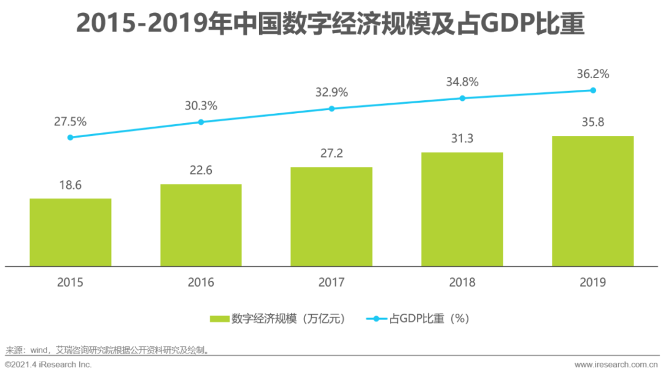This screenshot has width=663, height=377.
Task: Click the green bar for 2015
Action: (70, 232)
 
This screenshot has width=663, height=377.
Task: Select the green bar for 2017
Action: (331, 216)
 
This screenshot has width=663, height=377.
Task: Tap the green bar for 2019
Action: (592, 201)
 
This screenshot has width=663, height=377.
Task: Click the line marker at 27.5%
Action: (70, 137)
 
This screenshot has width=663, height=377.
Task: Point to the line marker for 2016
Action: (201, 122)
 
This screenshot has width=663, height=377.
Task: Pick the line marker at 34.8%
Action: (462, 98)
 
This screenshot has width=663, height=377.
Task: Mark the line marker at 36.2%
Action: (592, 90)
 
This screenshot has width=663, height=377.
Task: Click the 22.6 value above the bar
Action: (201, 170)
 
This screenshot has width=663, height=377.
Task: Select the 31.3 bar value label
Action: (462, 139)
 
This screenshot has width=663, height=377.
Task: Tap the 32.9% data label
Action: (331, 92)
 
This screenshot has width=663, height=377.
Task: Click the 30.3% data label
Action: (201, 106)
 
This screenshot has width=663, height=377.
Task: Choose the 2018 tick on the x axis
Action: (462, 282)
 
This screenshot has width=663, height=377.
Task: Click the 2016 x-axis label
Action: (201, 282)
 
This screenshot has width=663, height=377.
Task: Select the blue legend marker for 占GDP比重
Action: (377, 319)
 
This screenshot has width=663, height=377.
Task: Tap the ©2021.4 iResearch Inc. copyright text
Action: (48, 365)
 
